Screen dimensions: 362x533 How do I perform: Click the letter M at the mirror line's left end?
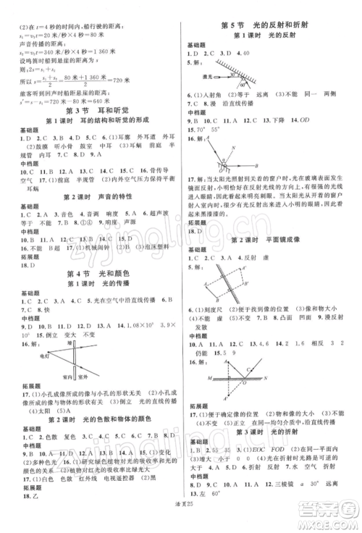(x=193, y=377)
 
